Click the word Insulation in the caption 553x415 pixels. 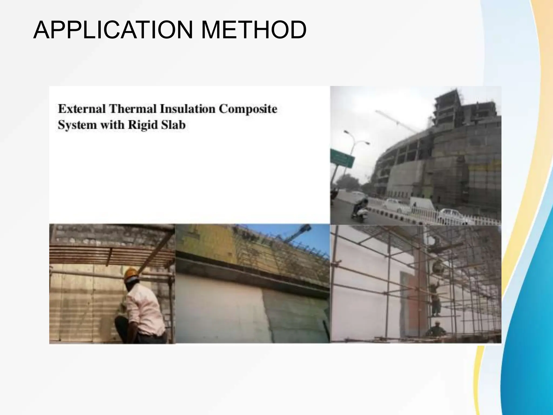click(x=188, y=109)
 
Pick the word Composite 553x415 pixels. click(x=248, y=109)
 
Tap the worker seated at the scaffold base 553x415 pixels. click(x=435, y=330)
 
